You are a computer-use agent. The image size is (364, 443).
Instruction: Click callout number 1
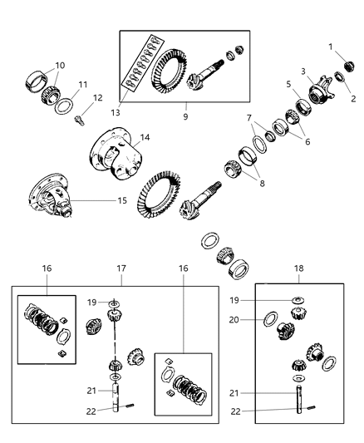click(x=330, y=47)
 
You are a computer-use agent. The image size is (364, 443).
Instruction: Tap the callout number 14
click(x=145, y=138)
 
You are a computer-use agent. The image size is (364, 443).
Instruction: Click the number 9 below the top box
click(x=185, y=117)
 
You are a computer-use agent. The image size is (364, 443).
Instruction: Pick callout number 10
click(x=59, y=66)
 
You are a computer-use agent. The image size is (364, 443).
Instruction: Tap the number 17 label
click(x=121, y=269)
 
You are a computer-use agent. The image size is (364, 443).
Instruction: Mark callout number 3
click(x=304, y=72)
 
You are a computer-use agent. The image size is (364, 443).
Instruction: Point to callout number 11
click(x=82, y=85)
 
